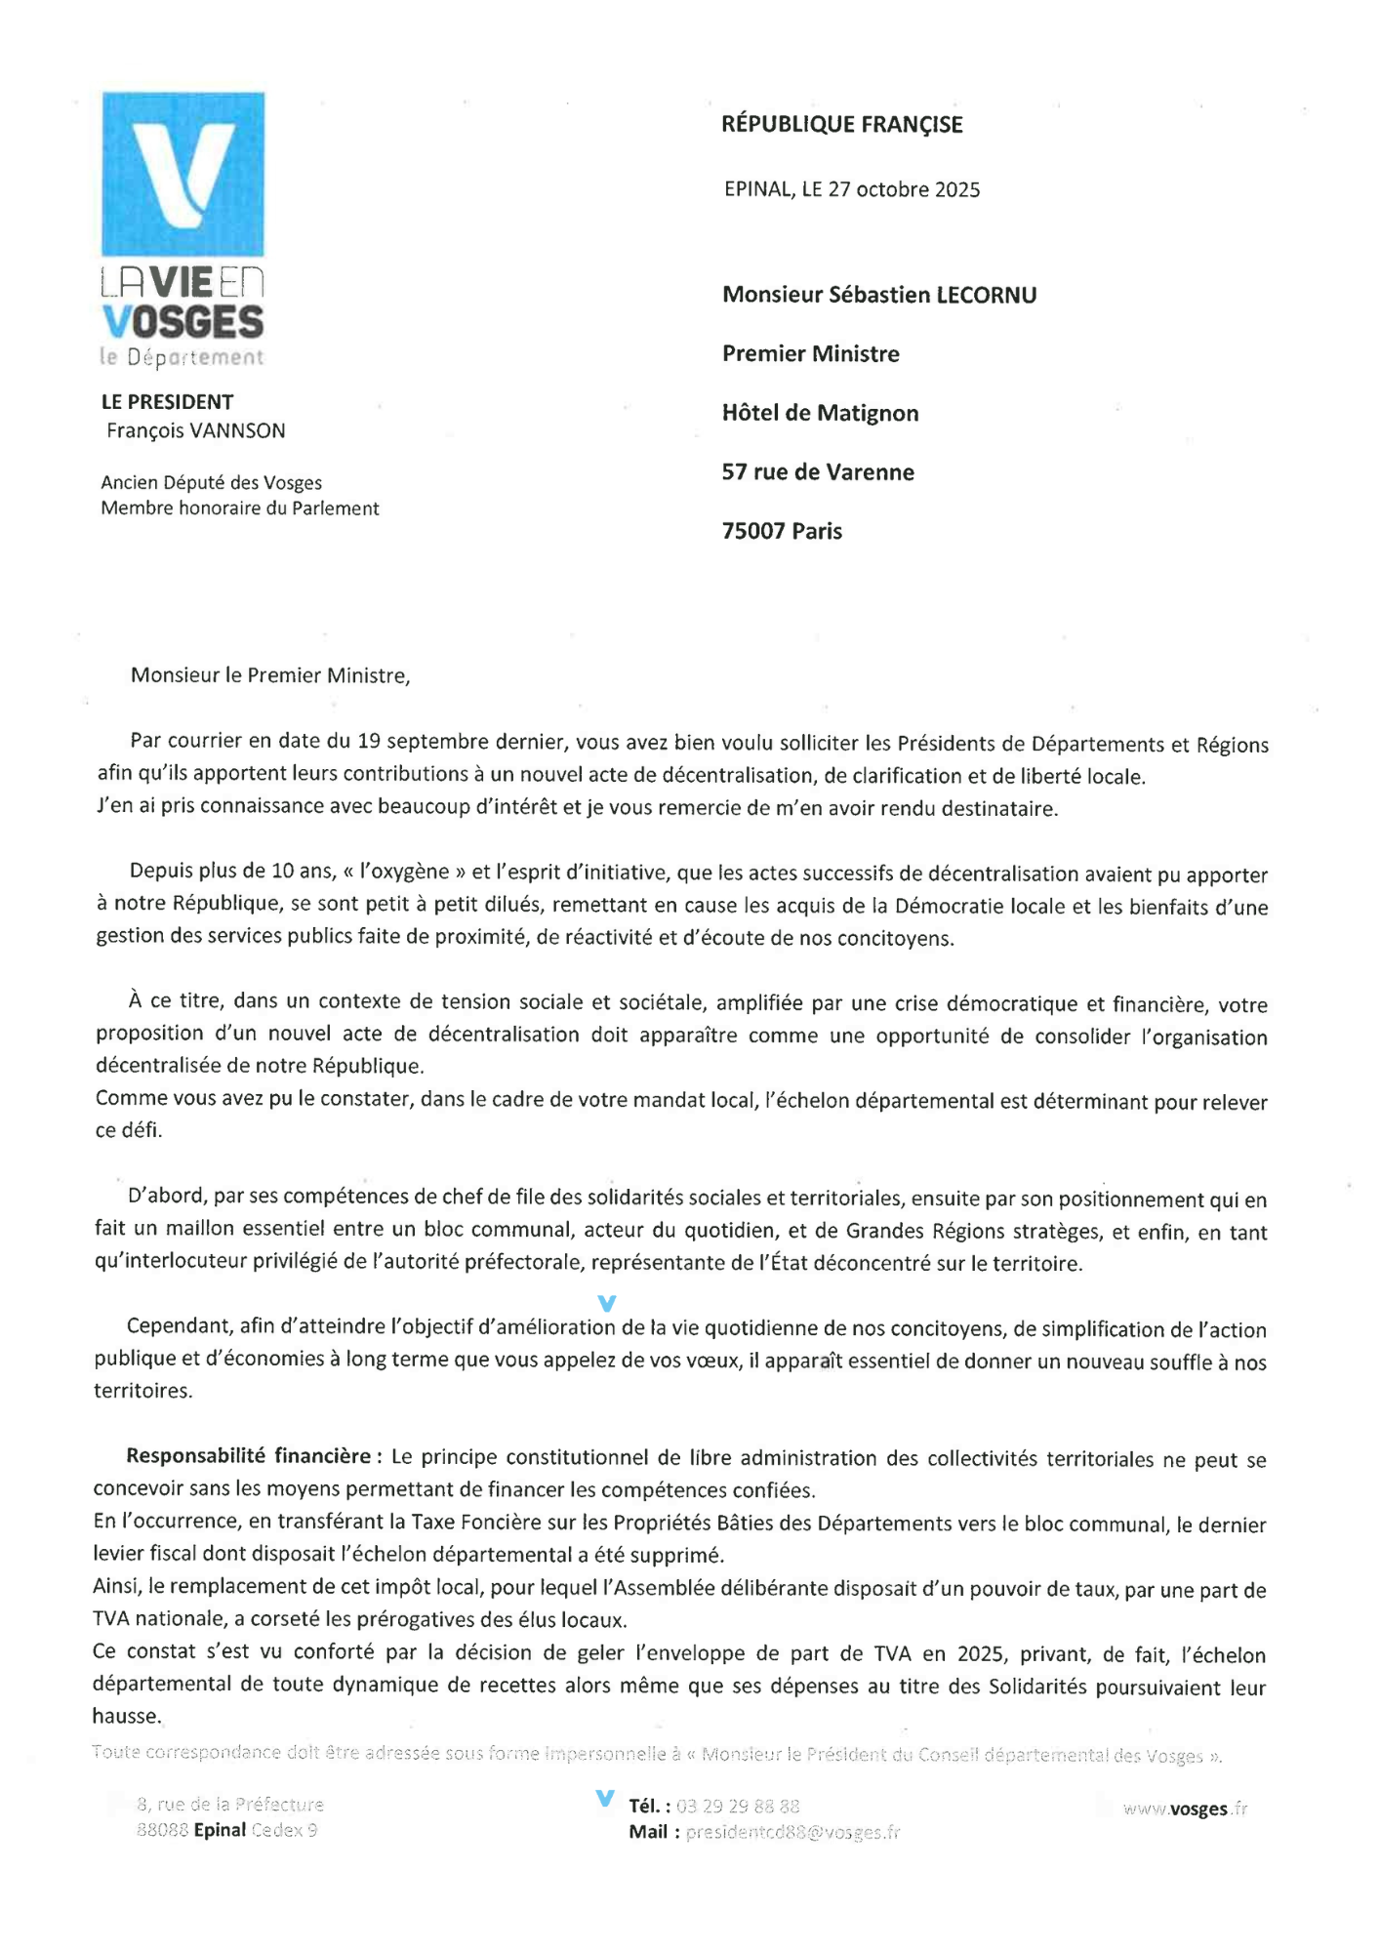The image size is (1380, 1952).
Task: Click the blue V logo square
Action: tap(183, 174)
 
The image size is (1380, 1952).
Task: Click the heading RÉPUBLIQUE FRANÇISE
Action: tap(841, 125)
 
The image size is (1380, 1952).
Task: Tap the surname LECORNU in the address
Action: tap(987, 295)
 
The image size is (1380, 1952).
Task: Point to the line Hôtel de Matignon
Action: tap(820, 413)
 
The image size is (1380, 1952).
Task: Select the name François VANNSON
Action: tap(196, 430)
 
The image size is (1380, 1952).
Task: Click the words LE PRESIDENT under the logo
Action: tap(167, 402)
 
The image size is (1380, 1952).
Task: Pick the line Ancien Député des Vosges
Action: tap(211, 482)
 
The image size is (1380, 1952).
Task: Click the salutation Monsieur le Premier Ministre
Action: tap(270, 675)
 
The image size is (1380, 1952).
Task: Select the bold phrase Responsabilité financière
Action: tap(248, 1456)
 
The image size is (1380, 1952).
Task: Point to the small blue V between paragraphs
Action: tap(606, 1303)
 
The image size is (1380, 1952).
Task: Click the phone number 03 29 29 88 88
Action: tap(738, 1807)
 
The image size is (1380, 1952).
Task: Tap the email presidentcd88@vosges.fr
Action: tap(792, 1833)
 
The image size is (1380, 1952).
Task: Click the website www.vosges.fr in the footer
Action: tap(1185, 1809)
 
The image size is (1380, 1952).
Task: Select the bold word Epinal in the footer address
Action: tap(220, 1830)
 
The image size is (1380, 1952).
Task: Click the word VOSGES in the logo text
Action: tap(183, 322)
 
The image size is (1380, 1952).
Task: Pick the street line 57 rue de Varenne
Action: tap(818, 472)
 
